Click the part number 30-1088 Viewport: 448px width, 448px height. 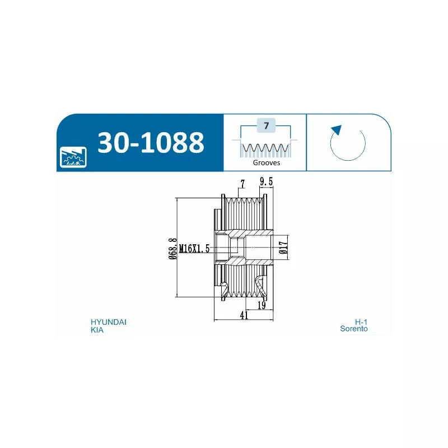(151, 142)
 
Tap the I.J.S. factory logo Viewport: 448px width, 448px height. (73, 157)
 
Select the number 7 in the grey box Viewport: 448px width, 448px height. (267, 125)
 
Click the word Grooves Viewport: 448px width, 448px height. (267, 163)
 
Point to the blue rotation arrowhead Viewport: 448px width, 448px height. (337, 130)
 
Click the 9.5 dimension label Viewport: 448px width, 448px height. (267, 181)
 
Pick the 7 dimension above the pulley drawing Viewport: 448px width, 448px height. (242, 184)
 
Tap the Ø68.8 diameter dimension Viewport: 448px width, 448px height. (172, 249)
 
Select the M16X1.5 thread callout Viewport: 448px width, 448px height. (194, 249)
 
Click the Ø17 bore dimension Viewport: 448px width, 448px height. (283, 248)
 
